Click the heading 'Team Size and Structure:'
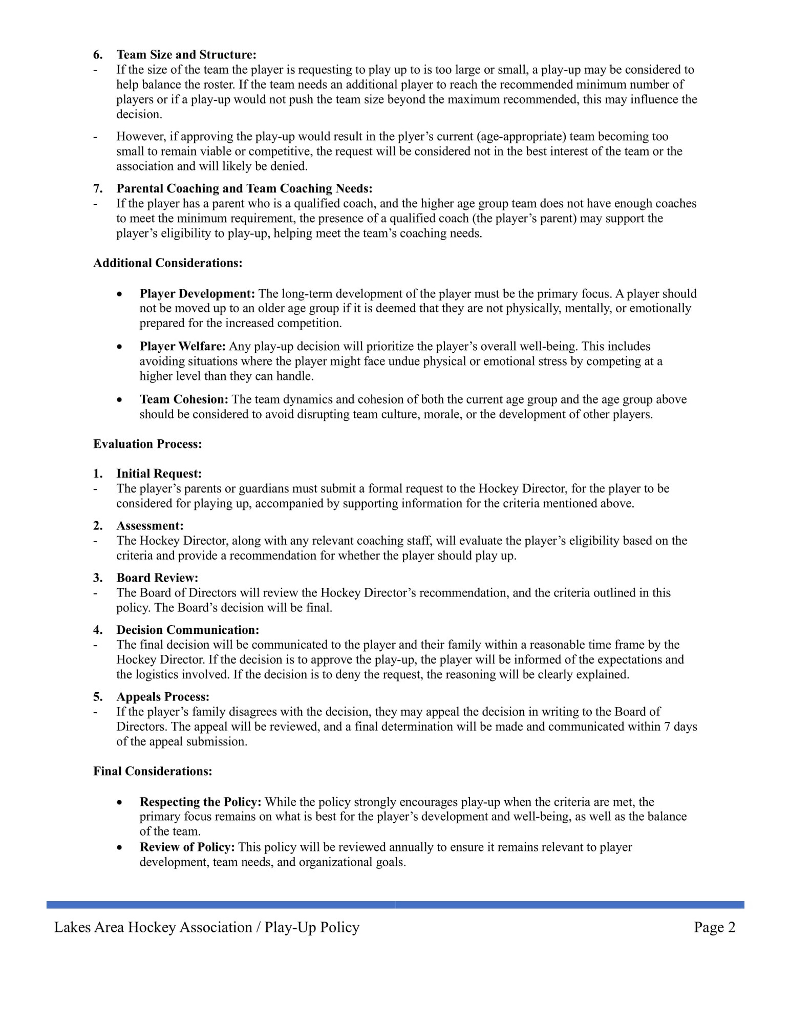[x=186, y=55]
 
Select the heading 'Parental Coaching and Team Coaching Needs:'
[x=244, y=189]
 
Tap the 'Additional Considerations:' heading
[x=167, y=263]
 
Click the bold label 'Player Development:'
[x=197, y=294]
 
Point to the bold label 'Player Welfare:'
[x=183, y=347]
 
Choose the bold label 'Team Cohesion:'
[x=184, y=400]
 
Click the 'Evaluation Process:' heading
[x=147, y=444]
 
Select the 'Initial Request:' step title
[x=159, y=474]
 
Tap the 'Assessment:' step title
[x=149, y=526]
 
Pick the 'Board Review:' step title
[x=157, y=578]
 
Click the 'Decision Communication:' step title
[x=187, y=630]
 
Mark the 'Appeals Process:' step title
[x=163, y=697]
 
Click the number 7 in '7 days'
[x=668, y=727]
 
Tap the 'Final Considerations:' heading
[x=153, y=772]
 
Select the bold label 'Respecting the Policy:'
[x=200, y=802]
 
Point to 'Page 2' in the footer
[x=714, y=927]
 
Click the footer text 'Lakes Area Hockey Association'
[x=153, y=927]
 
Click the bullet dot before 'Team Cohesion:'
[x=119, y=400]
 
